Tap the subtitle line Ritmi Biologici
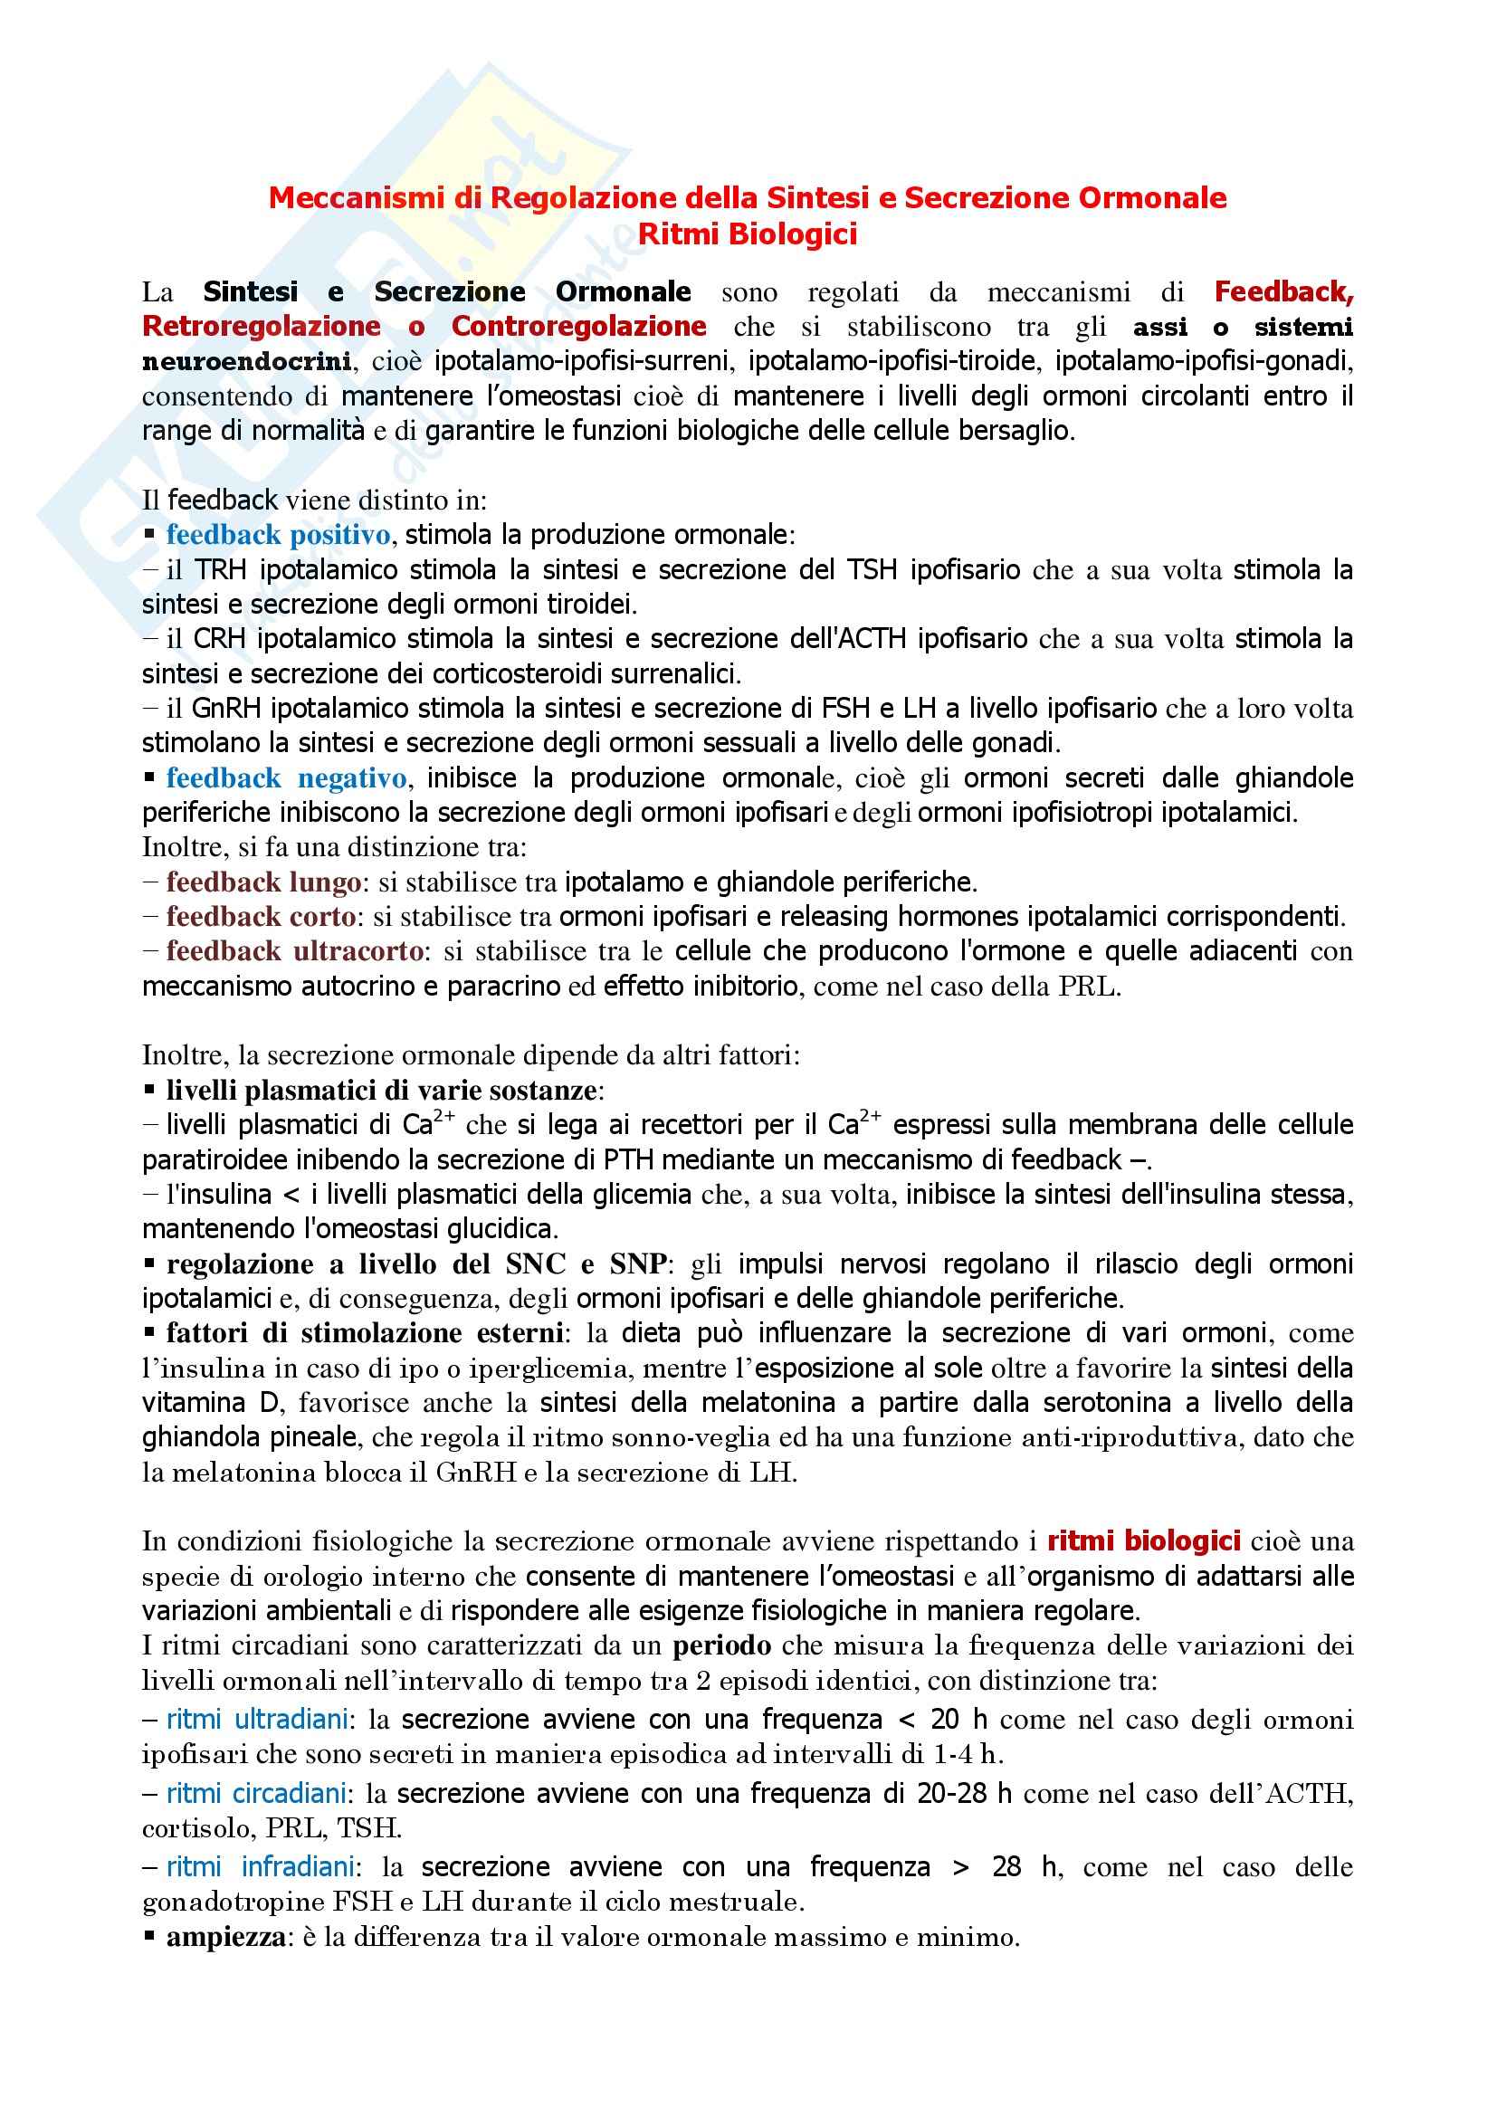(748, 234)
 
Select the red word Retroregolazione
(261, 327)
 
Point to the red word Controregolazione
(579, 327)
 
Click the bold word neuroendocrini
(247, 361)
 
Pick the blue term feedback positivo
(279, 535)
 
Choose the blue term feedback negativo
(286, 778)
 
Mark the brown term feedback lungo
(262, 882)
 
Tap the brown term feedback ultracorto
(295, 951)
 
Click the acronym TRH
(220, 570)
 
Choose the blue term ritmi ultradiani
(257, 1720)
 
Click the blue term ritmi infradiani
(260, 1867)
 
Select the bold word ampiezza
(226, 1937)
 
